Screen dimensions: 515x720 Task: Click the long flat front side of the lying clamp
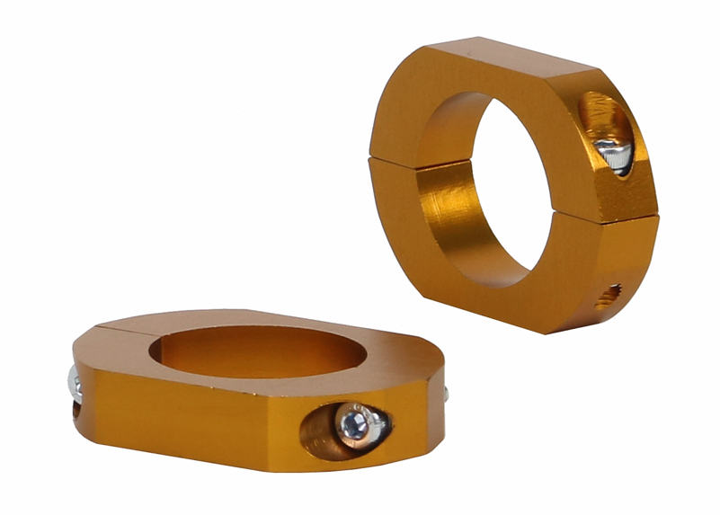pos(198,422)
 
